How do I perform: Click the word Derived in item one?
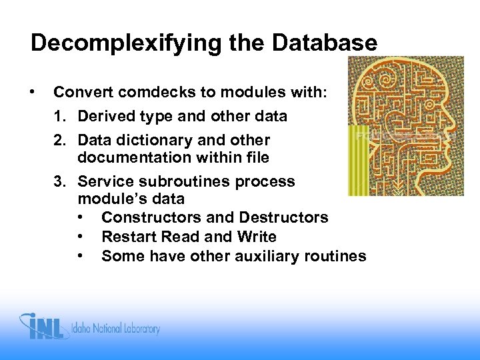pyautogui.click(x=103, y=117)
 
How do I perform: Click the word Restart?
pyautogui.click(x=125, y=237)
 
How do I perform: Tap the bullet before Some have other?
pyautogui.click(x=81, y=256)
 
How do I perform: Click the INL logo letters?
pyautogui.click(x=47, y=327)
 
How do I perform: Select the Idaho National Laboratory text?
pyautogui.click(x=117, y=329)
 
